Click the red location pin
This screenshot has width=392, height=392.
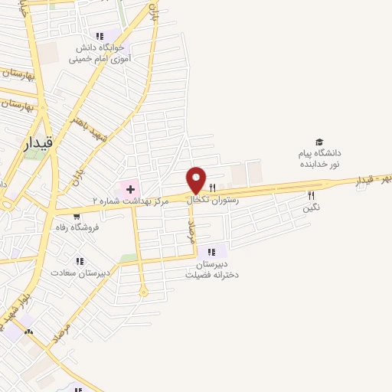tap(197, 181)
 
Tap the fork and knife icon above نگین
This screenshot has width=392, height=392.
tap(311, 195)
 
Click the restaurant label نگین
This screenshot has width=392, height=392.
tap(311, 207)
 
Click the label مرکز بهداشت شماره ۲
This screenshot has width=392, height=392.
tap(126, 201)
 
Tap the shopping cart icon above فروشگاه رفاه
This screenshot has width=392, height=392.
tap(87, 215)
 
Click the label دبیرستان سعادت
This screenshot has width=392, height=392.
tap(81, 273)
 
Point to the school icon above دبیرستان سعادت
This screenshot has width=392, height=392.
tap(80, 261)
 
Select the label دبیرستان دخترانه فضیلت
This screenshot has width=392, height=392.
tap(212, 269)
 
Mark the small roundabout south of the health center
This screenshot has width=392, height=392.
tap(142, 291)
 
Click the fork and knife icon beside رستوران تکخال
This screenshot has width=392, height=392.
tap(213, 187)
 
